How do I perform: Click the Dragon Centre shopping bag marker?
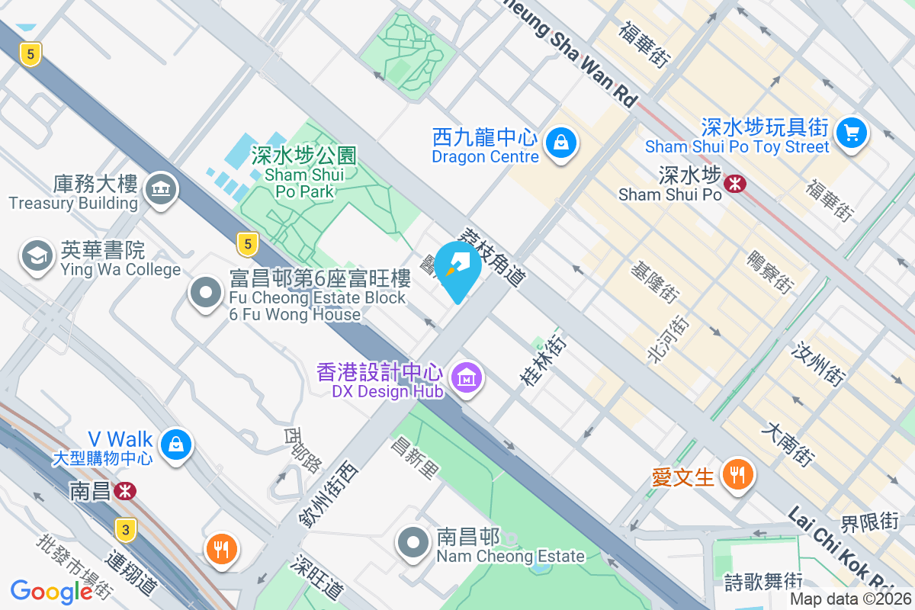click(x=560, y=142)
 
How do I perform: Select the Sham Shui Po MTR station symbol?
click(x=734, y=183)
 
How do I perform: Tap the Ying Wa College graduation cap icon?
click(x=36, y=255)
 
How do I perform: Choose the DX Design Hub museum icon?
click(x=464, y=377)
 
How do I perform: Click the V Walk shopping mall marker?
click(x=175, y=443)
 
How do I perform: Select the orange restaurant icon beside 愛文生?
click(x=736, y=474)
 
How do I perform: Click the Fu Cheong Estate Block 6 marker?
click(x=206, y=294)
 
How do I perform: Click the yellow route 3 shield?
click(x=126, y=528)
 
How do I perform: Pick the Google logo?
click(x=51, y=591)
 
